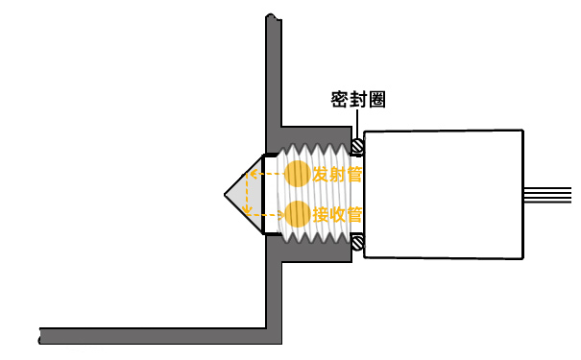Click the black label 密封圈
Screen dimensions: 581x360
(358, 100)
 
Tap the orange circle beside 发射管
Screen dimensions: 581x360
(298, 174)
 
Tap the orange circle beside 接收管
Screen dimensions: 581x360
(298, 214)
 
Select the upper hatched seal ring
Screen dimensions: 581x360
(357, 147)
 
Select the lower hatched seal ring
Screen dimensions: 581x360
(357, 243)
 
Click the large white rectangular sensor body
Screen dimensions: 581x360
(447, 194)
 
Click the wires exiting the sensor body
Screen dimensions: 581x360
(551, 193)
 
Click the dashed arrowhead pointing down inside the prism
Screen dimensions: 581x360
(249, 209)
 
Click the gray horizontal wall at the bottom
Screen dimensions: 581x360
(154, 336)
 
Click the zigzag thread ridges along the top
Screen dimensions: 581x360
(317, 153)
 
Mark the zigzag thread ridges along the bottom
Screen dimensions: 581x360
(317, 236)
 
